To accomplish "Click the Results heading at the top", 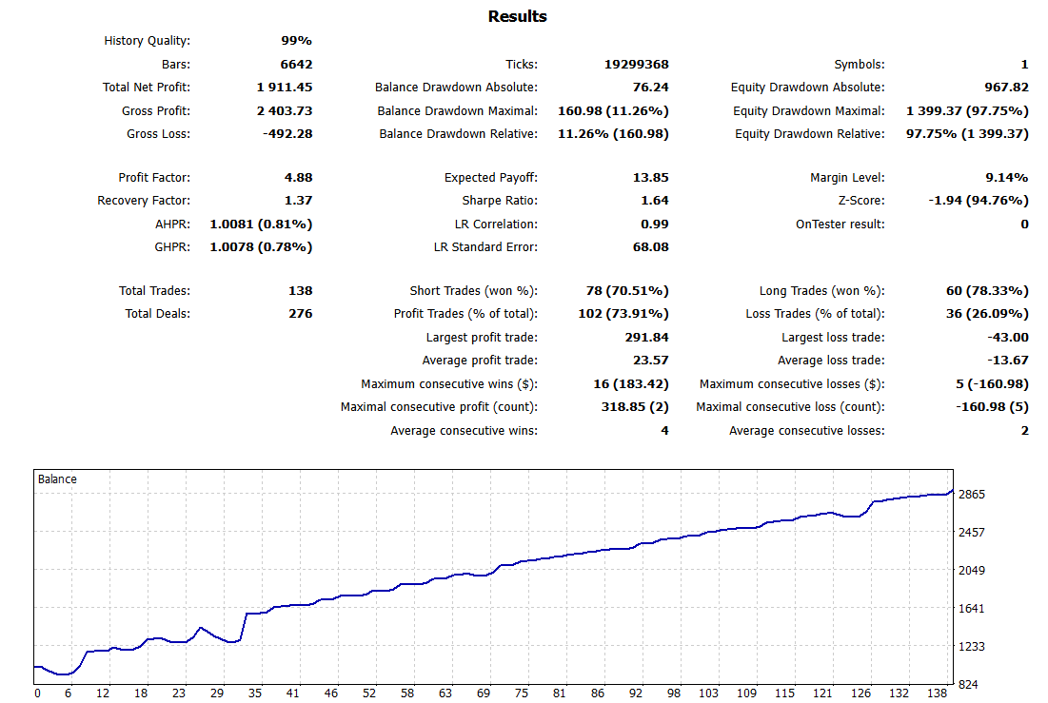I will click(x=517, y=16).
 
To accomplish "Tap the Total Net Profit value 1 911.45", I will click(x=284, y=88).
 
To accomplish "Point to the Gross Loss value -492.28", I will click(x=287, y=134).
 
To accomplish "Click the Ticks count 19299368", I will click(x=636, y=65).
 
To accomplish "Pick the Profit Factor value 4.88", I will click(x=297, y=178).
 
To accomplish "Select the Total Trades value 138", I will click(x=300, y=291).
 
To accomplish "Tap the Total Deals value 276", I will click(x=300, y=314).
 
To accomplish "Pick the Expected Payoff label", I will click(x=490, y=178).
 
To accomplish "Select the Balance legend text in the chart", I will click(x=57, y=479).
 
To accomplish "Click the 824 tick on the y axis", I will click(x=968, y=685).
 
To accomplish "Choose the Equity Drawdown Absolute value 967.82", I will click(x=999, y=88).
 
